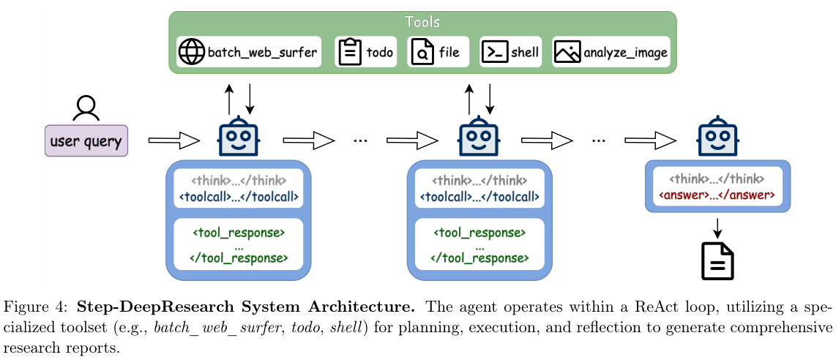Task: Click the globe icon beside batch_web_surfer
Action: [x=193, y=52]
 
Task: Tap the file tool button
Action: [x=438, y=52]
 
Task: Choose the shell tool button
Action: [x=510, y=52]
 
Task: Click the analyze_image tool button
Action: [x=611, y=52]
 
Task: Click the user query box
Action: [x=86, y=140]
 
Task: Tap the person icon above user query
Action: [x=86, y=108]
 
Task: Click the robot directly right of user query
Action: [x=239, y=138]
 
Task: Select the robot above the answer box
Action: [x=717, y=138]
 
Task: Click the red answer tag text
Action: [x=717, y=196]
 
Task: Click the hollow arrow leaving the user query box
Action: [x=174, y=139]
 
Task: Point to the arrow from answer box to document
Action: [x=717, y=226]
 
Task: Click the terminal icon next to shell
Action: [x=494, y=52]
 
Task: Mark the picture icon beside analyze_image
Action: [x=567, y=52]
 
